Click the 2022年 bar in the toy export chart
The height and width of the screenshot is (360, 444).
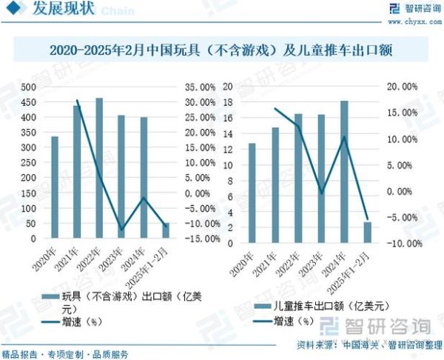click(99, 168)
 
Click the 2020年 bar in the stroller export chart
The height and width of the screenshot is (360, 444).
click(252, 193)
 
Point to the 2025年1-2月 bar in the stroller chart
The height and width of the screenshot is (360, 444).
click(367, 232)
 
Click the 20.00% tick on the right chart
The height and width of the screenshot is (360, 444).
click(403, 86)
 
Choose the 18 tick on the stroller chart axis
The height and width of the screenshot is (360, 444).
click(229, 87)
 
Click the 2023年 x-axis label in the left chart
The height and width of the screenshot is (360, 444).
click(117, 257)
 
